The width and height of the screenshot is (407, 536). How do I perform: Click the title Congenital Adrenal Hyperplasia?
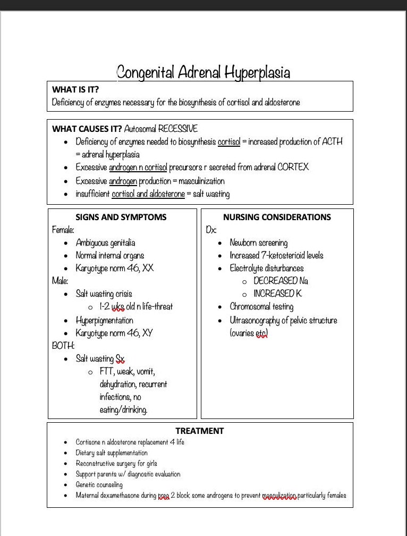tap(203, 72)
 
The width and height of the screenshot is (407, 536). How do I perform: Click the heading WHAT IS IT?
tap(75, 89)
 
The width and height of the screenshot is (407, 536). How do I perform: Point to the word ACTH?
tap(333, 141)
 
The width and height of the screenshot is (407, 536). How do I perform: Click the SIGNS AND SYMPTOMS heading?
tap(121, 217)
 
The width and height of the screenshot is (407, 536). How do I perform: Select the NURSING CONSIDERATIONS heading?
tap(277, 217)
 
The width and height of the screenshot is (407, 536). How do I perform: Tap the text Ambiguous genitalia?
tap(105, 243)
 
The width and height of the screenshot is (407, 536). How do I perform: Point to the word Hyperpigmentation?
tap(104, 321)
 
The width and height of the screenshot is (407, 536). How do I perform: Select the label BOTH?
tap(63, 346)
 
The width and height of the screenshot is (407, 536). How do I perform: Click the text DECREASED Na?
tap(281, 281)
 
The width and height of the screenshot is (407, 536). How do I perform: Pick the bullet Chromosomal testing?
tap(261, 307)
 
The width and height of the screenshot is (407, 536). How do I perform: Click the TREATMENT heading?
tap(200, 431)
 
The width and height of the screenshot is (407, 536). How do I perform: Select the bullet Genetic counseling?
tap(99, 484)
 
